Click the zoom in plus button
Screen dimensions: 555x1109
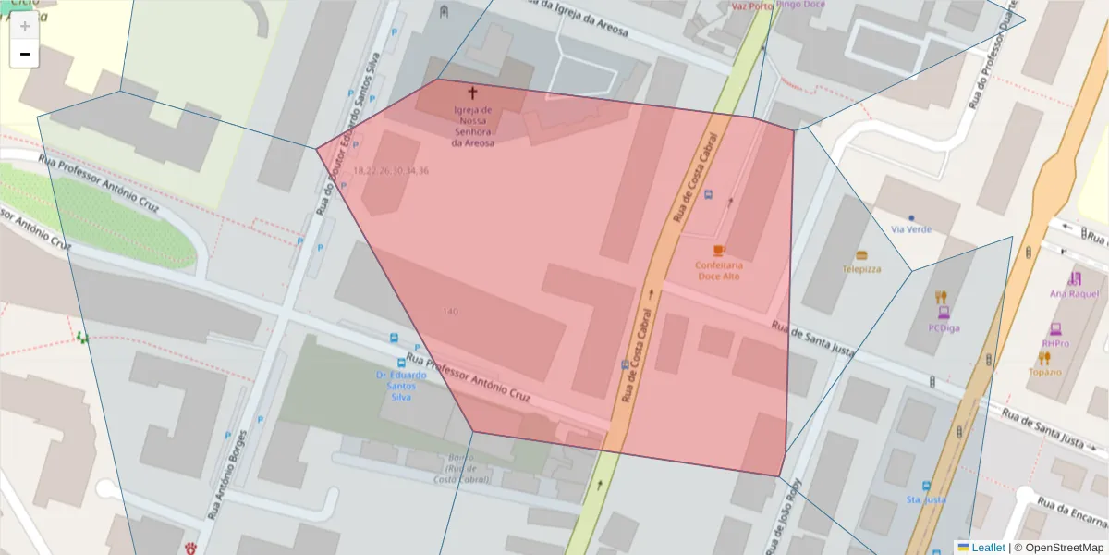pos(25,26)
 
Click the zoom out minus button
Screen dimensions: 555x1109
pos(25,54)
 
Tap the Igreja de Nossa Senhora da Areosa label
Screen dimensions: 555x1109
pos(472,126)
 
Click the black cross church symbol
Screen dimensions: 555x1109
pos(472,92)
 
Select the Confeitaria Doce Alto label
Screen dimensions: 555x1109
pos(719,270)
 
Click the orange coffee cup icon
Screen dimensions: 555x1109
pos(719,251)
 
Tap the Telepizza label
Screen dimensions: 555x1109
pos(861,269)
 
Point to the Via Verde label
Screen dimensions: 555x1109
pos(911,228)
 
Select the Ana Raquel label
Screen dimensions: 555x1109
pos(1074,293)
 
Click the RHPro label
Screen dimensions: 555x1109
pos(1054,343)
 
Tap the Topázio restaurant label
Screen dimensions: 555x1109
pos(1044,372)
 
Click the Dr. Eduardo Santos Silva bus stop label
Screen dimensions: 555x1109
pos(401,386)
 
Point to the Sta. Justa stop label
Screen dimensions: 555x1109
pos(925,499)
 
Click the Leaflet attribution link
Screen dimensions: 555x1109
pos(988,547)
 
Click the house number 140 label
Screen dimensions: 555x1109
pos(450,311)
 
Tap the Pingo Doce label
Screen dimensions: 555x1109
pos(801,5)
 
